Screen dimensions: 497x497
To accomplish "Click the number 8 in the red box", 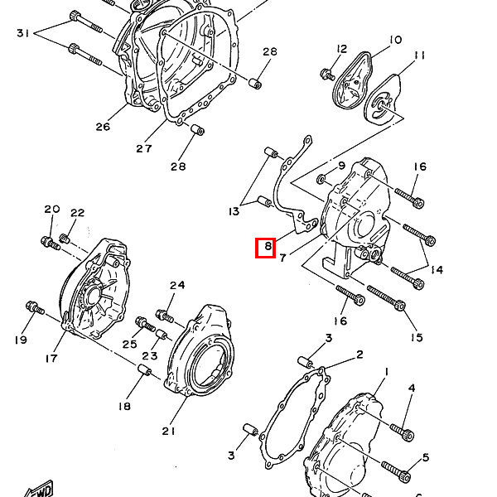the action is coord(268,246).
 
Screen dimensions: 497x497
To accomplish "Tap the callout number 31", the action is coord(23,33).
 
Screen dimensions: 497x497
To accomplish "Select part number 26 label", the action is coord(103,127).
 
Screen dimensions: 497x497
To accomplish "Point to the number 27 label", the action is coord(144,148).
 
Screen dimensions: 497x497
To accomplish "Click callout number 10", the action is coord(395,40).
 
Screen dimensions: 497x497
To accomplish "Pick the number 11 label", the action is coord(419,55).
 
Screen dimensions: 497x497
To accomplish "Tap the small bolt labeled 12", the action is coord(327,75).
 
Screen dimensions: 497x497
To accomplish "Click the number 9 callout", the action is coord(341,166).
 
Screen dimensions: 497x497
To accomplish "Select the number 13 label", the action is coord(234,211).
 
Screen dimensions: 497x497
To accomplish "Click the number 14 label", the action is coord(437,270).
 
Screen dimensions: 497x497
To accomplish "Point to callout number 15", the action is coord(417,337).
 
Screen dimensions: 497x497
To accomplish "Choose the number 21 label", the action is coord(169,431).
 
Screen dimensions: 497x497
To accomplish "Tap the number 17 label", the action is coord(51,358).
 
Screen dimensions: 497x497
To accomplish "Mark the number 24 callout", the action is coord(177,285).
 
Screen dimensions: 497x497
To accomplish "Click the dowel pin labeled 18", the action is coord(144,369).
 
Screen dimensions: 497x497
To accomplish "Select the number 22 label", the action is coord(77,213).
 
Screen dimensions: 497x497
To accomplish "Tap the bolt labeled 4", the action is coord(402,432).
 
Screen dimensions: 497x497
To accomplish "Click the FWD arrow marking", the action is coord(40,490).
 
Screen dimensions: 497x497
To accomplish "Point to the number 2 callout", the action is coord(359,355).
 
